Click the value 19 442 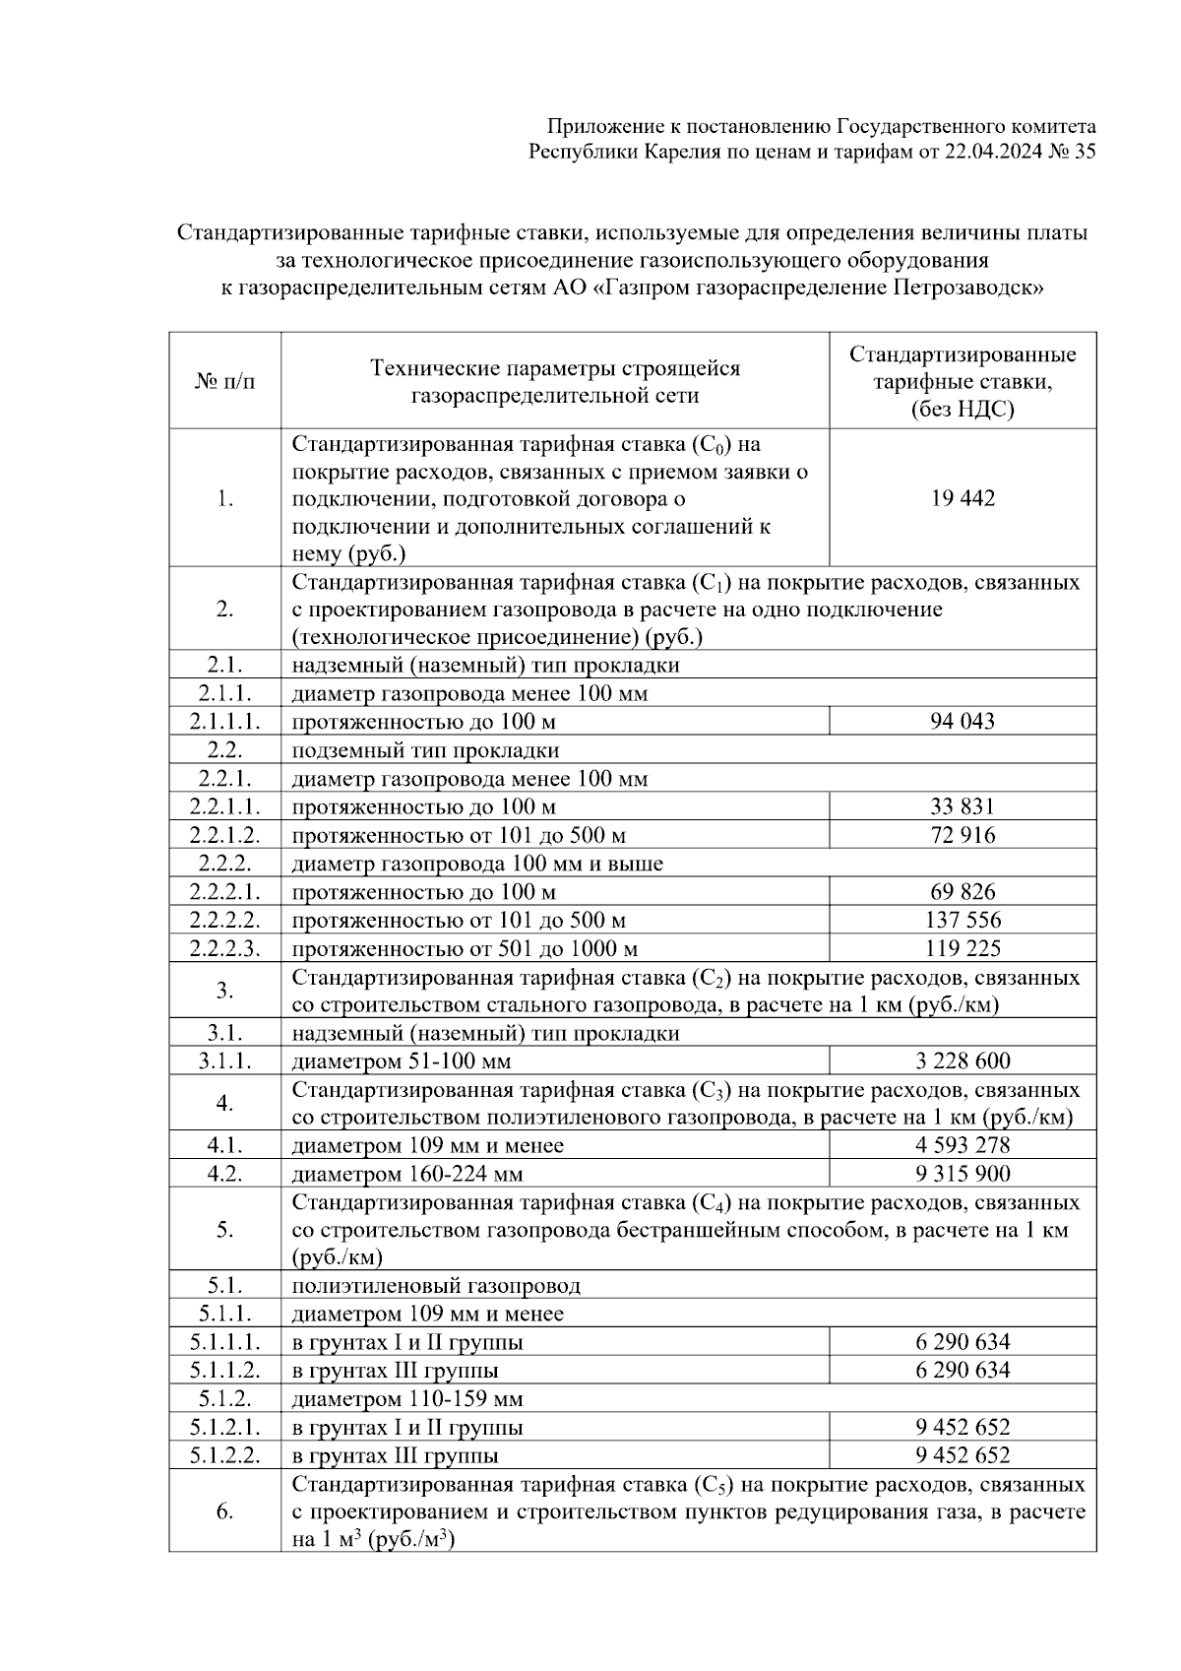coord(963,498)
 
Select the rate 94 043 coord(963,722)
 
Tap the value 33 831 coord(963,807)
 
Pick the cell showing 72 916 coord(963,836)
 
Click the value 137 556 coord(963,921)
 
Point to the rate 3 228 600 coord(963,1061)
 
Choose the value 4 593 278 coord(963,1146)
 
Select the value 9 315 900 coord(963,1174)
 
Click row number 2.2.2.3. coord(224,949)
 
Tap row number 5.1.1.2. coord(224,1371)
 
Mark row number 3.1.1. coord(224,1061)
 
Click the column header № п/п coord(224,382)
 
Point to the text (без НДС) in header coord(963,410)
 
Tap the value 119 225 coord(963,949)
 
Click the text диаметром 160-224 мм coord(407,1175)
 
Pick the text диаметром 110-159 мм coord(407,1399)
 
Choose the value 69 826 coord(963,893)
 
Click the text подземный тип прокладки coord(425,751)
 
